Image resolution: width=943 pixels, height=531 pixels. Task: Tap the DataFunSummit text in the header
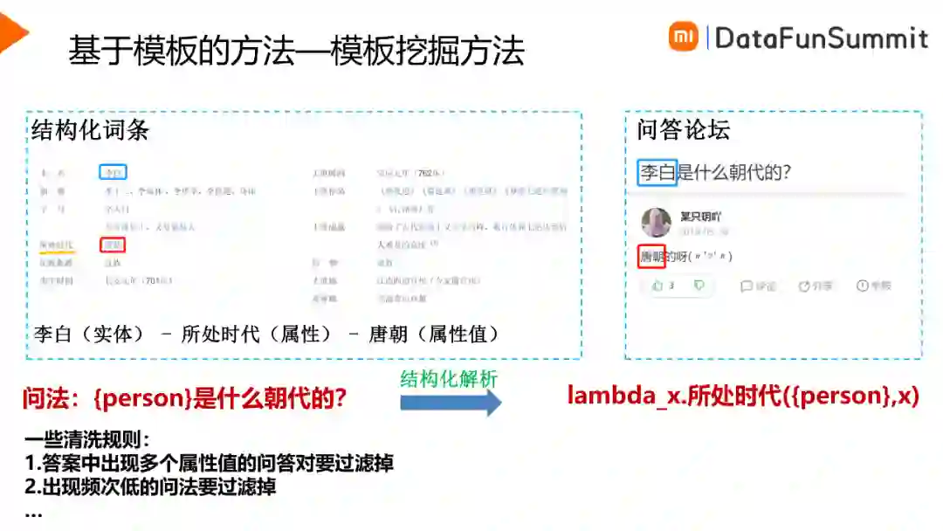(821, 38)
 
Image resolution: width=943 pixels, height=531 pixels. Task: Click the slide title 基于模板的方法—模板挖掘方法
(296, 52)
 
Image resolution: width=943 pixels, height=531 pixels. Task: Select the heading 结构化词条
(91, 131)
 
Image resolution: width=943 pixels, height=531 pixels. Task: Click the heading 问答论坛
(683, 131)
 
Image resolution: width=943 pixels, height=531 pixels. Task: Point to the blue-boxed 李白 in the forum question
(657, 172)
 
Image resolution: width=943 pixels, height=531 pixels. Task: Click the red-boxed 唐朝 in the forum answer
(651, 257)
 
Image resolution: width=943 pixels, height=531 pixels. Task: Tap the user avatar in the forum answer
(656, 223)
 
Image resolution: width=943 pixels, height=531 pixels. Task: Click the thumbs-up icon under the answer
(657, 286)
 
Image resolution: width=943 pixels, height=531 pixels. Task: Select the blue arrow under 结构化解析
(451, 403)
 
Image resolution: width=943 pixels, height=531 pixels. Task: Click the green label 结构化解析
(449, 379)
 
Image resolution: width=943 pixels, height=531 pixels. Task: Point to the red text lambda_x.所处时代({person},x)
(743, 396)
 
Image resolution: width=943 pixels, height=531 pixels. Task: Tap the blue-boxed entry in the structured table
(114, 173)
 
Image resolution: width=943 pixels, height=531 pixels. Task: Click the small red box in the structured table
(113, 244)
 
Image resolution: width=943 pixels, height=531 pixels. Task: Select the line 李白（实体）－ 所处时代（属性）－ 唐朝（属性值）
(266, 334)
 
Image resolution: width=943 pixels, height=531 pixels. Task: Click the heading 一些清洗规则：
(87, 440)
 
